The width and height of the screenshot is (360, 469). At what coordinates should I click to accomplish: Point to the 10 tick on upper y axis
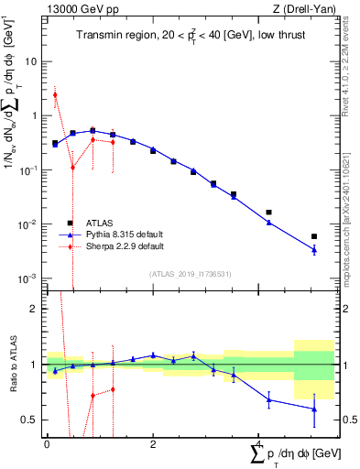(x=31, y=62)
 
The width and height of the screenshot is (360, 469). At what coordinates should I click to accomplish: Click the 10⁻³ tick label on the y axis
(x=27, y=278)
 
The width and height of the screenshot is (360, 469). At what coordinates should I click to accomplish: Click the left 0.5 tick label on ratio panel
(x=32, y=420)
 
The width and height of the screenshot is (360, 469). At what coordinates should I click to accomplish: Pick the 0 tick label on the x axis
(x=47, y=443)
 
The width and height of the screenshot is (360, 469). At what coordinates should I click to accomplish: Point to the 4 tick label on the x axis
(x=258, y=443)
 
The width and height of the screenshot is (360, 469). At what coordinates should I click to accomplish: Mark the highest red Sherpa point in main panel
(x=55, y=94)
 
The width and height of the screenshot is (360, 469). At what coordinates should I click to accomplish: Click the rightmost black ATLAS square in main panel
(x=314, y=236)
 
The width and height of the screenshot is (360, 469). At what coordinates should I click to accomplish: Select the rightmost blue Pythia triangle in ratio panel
(x=314, y=409)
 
